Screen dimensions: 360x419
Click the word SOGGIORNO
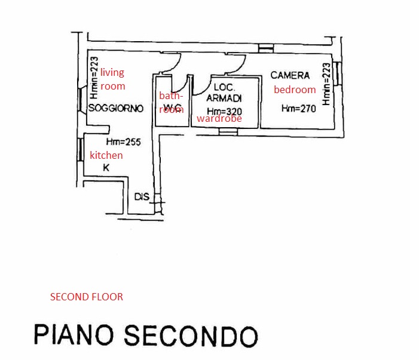tap(115, 108)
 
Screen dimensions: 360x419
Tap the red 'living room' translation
tap(112, 79)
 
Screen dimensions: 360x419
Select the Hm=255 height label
tap(123, 142)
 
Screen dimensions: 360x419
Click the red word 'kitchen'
tap(106, 155)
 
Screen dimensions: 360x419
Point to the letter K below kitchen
tap(106, 168)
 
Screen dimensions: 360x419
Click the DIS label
tap(141, 196)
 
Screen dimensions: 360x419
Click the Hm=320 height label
tap(224, 111)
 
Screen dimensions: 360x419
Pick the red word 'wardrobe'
tap(219, 119)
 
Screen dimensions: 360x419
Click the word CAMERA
tap(290, 75)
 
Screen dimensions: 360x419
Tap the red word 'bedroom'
tap(295, 90)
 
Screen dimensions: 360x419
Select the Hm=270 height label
tap(298, 109)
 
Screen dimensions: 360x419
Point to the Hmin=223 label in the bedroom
tap(326, 85)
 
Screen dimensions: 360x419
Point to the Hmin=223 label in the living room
tap(94, 78)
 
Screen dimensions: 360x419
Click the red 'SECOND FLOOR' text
tap(87, 297)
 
